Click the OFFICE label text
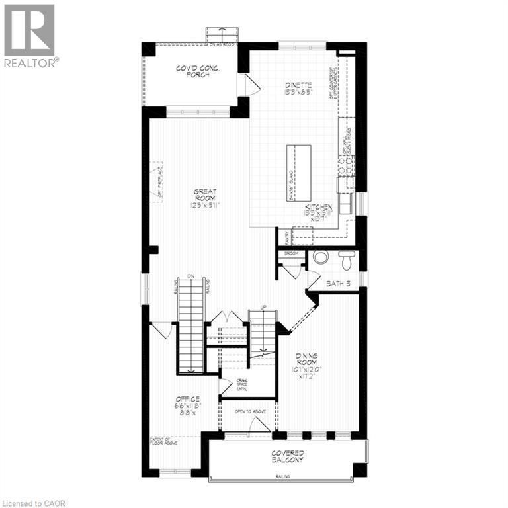pyautogui.click(x=187, y=399)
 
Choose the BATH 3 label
pyautogui.click(x=338, y=284)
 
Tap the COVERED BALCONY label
pyautogui.click(x=287, y=456)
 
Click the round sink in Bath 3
pyautogui.click(x=321, y=257)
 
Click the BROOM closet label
pyautogui.click(x=292, y=253)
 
